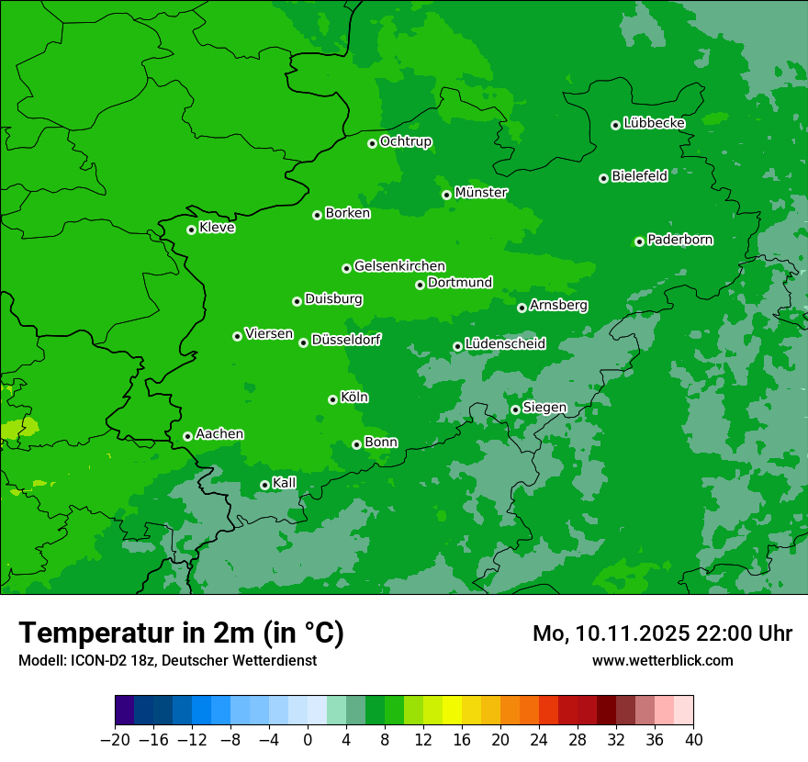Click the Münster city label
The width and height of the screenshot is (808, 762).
pos(481,193)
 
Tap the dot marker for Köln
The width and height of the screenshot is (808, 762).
pos(332,399)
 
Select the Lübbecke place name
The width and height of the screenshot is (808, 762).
pos(654,123)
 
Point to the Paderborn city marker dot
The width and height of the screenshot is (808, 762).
pos(639,241)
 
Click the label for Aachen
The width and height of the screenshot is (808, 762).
pos(219,434)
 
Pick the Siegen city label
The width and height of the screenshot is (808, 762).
pos(544,408)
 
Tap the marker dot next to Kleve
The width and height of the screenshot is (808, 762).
pos(191,230)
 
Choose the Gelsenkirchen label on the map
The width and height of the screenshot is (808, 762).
pos(399,266)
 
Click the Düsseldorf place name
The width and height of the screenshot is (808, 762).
pos(346,340)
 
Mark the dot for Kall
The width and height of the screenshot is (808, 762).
pos(264,485)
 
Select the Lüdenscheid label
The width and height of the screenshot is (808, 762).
pos(505,344)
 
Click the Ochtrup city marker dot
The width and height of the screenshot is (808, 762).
pos(372,143)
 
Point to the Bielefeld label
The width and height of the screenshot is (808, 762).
pos(639,176)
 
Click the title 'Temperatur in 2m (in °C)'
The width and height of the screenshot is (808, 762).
pos(181,633)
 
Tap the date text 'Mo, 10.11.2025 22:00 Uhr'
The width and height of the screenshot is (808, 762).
pos(662,633)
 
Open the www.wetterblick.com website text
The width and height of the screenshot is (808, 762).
pos(662,660)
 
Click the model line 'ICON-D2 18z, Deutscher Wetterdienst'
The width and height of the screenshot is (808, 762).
pos(167,660)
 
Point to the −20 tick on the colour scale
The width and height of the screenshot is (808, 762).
pos(115,740)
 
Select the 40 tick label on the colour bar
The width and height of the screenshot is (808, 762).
pos(693,740)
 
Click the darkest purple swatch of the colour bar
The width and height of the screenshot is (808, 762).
pos(124,711)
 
